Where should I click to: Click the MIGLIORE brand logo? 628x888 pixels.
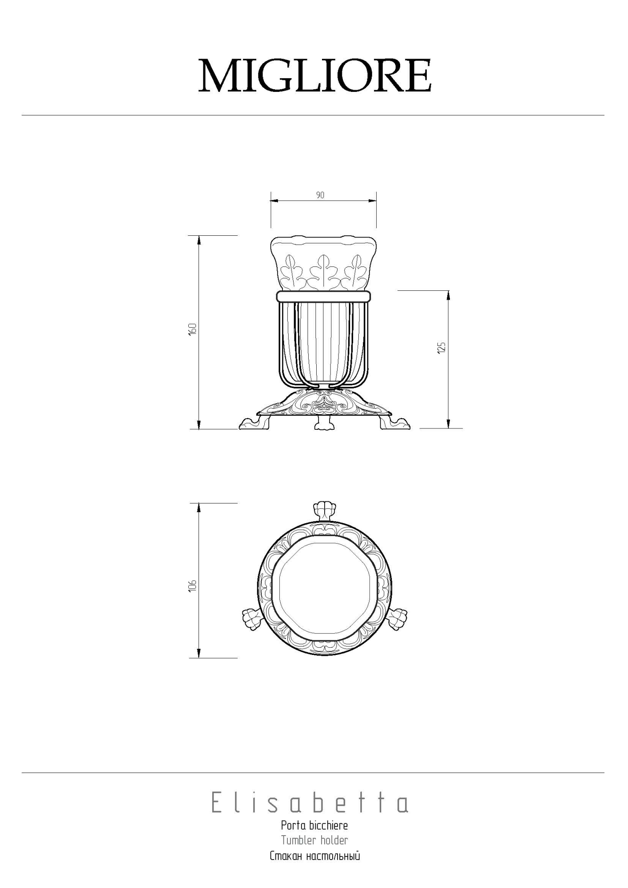click(314, 75)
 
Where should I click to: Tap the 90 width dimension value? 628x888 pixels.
click(320, 195)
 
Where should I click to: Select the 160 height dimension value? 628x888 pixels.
click(192, 329)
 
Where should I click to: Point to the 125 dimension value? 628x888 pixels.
click(441, 347)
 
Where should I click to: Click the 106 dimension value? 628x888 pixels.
click(192, 586)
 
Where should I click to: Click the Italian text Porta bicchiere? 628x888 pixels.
click(314, 838)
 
